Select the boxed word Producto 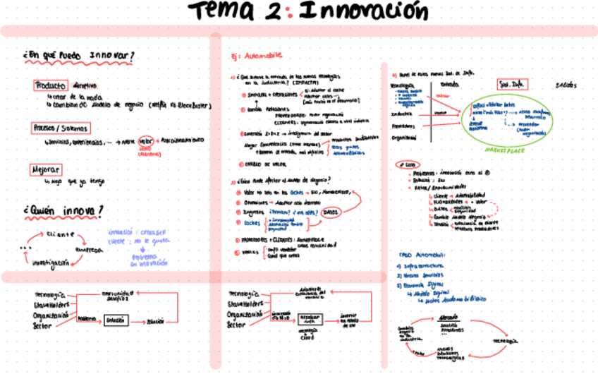(51, 85)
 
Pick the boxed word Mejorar (45, 170)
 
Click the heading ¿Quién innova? (64, 210)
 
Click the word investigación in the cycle (50, 262)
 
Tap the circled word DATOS (330, 211)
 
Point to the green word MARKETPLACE (506, 150)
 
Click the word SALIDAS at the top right (566, 85)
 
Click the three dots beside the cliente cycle (27, 248)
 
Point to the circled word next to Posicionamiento (147, 140)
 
